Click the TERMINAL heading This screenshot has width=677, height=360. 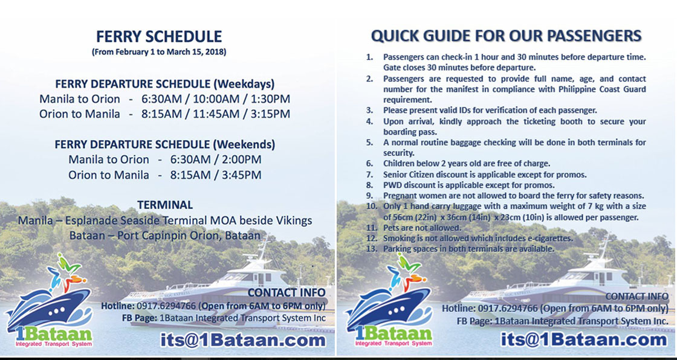(x=165, y=205)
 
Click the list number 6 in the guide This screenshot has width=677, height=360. (x=369, y=164)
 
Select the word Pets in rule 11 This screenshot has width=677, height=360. (x=390, y=228)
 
